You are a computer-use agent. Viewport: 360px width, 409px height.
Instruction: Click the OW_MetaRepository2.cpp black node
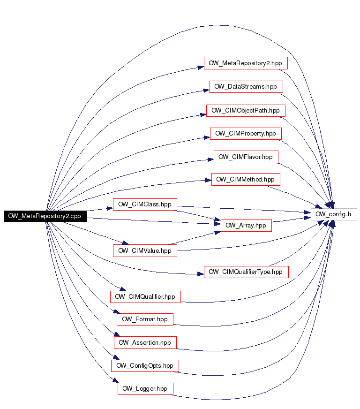coord(45,216)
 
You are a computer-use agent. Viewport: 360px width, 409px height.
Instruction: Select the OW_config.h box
coord(334,214)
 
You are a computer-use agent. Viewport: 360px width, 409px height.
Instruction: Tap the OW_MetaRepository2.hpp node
coord(246,63)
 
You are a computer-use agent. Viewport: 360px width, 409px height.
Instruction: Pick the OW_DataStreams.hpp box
coord(246,87)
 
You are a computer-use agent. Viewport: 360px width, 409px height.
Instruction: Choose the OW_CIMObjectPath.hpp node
coord(246,111)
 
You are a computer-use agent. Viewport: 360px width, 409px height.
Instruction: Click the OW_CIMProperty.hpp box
coord(246,134)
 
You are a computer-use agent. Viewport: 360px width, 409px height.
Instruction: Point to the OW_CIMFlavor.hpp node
coord(246,157)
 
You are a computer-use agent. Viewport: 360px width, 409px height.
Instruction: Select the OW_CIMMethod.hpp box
coord(246,180)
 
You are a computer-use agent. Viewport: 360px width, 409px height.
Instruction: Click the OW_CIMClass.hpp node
coord(145,204)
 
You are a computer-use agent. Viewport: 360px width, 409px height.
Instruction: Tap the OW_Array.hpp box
coord(246,225)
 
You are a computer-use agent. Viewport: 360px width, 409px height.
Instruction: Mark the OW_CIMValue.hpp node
coord(145,250)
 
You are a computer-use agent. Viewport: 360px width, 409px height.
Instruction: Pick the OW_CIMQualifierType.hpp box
coord(246,272)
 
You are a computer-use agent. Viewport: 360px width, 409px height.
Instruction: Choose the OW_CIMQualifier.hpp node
coord(145,297)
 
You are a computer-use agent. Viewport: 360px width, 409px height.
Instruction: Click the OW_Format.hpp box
coord(145,319)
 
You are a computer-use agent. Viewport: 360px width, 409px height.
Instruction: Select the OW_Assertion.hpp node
coord(145,342)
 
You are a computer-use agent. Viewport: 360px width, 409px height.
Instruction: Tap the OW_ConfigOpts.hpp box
coord(145,366)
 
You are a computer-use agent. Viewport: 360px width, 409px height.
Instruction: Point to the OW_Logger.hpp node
coord(145,389)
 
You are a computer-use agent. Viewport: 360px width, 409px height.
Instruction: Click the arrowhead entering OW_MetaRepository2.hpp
coord(201,68)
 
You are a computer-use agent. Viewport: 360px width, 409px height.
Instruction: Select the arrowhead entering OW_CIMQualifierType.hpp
coord(201,274)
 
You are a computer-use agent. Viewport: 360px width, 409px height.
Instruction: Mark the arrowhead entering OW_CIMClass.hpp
coord(110,208)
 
